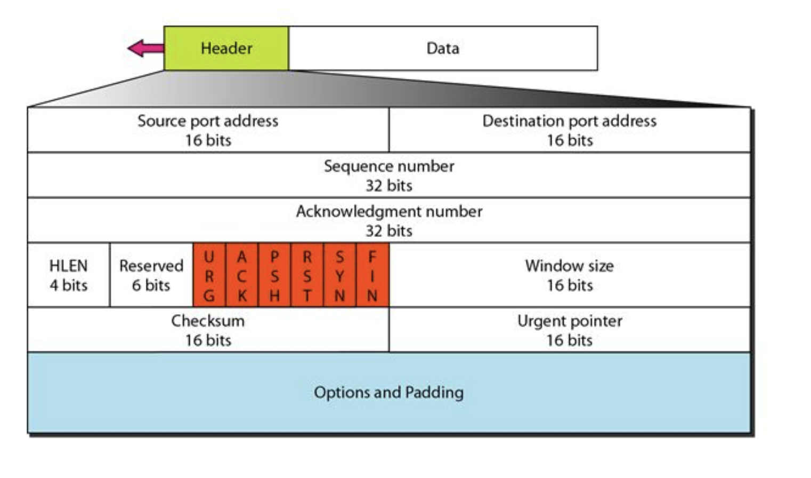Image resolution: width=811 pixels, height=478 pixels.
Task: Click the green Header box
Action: click(226, 48)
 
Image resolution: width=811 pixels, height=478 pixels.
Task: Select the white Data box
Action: click(442, 48)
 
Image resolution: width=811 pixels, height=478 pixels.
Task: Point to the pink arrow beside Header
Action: click(145, 48)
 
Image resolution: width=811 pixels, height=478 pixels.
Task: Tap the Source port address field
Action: click(208, 130)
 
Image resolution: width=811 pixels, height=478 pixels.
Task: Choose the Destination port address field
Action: click(569, 130)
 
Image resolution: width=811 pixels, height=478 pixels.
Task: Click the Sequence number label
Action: click(389, 166)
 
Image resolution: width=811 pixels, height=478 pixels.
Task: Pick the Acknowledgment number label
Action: click(389, 211)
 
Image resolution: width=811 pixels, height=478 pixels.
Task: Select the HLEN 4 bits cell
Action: click(68, 275)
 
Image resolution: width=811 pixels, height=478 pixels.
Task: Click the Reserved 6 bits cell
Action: click(151, 275)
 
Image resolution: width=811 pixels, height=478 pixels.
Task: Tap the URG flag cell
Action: click(209, 276)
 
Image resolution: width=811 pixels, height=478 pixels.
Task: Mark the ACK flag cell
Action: click(242, 276)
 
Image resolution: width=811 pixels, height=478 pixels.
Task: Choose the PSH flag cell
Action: click(274, 276)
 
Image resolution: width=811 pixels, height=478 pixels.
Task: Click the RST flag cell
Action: click(307, 276)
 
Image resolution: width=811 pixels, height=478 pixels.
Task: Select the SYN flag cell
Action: click(339, 276)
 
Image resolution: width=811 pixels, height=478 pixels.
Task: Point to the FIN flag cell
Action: click(372, 276)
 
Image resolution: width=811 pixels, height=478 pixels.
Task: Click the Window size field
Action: click(569, 275)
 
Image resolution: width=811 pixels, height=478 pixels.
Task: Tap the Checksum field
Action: click(208, 330)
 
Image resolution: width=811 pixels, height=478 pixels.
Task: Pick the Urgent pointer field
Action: click(569, 330)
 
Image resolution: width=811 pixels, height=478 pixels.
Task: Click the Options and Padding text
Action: click(388, 393)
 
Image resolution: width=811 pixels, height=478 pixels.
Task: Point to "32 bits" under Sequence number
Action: click(388, 186)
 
